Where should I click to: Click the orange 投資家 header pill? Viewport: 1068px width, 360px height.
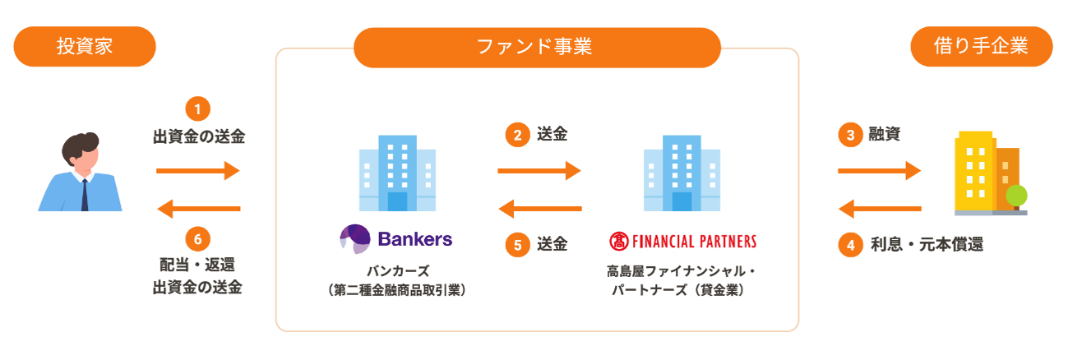point(85,47)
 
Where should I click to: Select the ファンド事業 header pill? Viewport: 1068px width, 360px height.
point(536,47)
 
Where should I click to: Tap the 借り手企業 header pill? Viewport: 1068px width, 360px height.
point(981,47)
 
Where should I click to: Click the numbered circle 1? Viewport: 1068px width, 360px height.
point(198,108)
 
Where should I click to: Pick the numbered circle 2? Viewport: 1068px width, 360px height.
point(517,135)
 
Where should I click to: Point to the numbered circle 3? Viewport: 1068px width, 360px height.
point(849,135)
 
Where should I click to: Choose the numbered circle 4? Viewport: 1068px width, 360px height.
point(849,244)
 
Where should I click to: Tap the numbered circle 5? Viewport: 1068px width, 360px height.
point(517,244)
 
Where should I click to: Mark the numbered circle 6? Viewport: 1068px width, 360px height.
point(198,238)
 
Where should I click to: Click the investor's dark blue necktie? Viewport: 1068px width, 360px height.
point(84,194)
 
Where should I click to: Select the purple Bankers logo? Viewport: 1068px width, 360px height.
point(396,239)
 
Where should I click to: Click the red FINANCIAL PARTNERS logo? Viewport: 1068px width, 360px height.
point(682,242)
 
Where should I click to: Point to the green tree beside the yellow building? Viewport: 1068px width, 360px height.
point(1016,196)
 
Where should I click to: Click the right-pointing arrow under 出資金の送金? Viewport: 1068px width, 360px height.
point(198,171)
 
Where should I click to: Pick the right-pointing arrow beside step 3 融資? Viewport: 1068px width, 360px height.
point(879,171)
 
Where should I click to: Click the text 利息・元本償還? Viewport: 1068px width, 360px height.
point(927,244)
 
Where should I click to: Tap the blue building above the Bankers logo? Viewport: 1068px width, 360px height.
point(397,173)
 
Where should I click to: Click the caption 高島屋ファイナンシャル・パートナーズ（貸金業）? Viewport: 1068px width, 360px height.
point(682,279)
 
